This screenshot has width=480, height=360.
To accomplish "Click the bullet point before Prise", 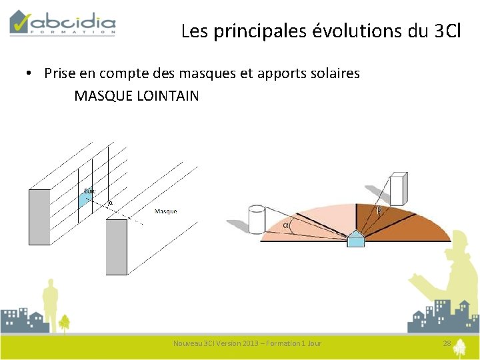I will click(31, 73).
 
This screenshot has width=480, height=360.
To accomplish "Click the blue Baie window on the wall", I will click(85, 199).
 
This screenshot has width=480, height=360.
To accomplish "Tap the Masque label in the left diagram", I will click(166, 211).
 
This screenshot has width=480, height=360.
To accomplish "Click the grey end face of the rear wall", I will click(39, 216).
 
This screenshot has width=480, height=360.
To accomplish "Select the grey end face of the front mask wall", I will click(117, 247).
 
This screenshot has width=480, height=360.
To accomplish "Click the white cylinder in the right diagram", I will click(257, 218).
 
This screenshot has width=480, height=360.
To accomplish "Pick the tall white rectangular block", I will click(399, 189).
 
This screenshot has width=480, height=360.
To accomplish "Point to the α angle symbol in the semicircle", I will click(287, 225).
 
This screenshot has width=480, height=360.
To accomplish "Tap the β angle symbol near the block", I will click(379, 211).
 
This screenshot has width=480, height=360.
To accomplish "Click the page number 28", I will click(447, 343).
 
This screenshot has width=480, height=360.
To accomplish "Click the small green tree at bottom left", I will click(64, 323).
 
